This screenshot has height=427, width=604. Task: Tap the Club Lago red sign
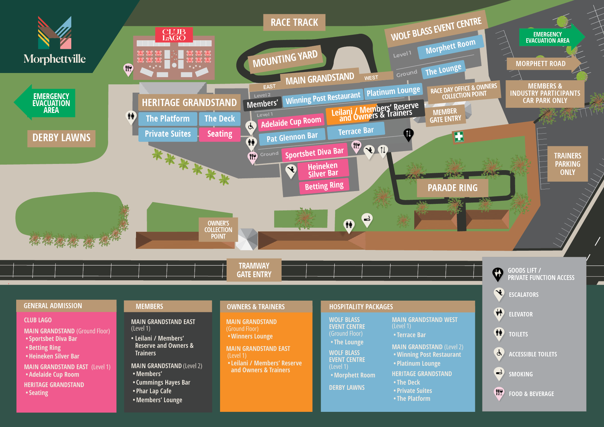(x=174, y=35)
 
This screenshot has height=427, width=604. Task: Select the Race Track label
(x=294, y=23)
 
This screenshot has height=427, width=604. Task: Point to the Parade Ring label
(x=452, y=188)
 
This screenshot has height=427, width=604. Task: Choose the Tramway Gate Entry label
(x=254, y=270)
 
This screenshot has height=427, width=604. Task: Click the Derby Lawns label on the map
(x=61, y=138)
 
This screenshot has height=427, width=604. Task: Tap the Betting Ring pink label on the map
(x=324, y=186)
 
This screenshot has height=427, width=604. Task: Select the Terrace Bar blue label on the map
(x=355, y=131)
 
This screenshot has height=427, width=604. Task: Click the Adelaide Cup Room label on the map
(x=291, y=122)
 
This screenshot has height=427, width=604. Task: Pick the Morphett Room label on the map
(x=450, y=47)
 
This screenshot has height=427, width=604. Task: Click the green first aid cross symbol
(x=459, y=136)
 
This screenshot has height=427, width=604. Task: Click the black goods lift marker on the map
(x=408, y=134)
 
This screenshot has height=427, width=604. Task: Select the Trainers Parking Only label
(x=567, y=164)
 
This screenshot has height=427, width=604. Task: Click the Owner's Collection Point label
(x=218, y=230)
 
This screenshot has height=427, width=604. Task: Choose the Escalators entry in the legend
(x=523, y=295)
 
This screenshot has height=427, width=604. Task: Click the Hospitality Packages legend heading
(x=361, y=307)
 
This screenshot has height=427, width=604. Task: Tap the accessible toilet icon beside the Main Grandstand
(x=251, y=126)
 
